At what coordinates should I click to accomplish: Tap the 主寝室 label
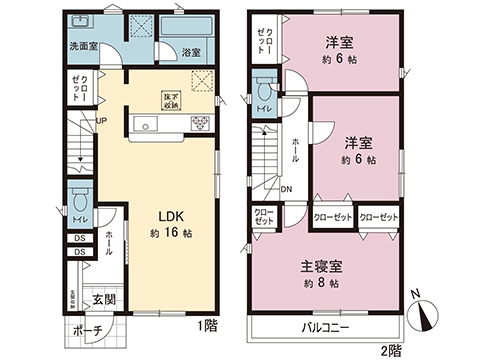321,266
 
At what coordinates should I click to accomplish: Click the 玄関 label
105,298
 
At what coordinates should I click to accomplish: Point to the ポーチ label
87,332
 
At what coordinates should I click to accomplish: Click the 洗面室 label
82,47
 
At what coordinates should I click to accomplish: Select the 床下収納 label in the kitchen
172,99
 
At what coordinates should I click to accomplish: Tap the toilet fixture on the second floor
265,89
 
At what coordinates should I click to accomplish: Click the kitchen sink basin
144,125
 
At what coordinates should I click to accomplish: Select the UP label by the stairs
101,123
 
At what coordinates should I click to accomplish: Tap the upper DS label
79,237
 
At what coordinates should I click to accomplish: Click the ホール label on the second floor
294,150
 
